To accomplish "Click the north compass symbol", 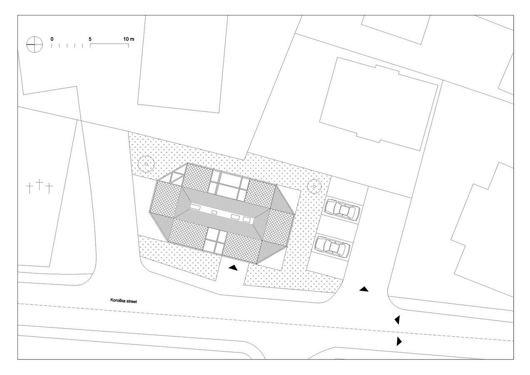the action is tap(35, 44).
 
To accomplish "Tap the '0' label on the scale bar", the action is tap(52, 39).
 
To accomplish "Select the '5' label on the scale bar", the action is tap(90, 39).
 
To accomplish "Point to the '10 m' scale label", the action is tap(129, 39).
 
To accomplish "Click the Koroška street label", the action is tap(124, 301).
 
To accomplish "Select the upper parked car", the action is tap(342, 209).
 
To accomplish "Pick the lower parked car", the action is tap(332, 247).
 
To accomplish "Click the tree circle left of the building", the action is tap(146, 164).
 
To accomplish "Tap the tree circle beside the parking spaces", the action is tap(314, 187).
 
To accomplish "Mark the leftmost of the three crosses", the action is tap(30, 188).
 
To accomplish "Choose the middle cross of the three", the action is tap(40, 184).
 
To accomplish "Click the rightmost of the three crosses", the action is tap(49, 188).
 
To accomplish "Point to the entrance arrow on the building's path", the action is tap(233, 268).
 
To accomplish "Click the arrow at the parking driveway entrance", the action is tap(364, 289).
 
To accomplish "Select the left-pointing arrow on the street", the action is tap(397, 320).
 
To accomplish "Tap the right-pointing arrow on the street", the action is tap(399, 341).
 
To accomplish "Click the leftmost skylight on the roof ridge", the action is tap(195, 207).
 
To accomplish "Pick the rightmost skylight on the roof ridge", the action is tap(247, 220).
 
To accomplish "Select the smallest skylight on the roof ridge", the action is tap(214, 212).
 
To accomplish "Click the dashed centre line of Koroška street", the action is tap(265, 322).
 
